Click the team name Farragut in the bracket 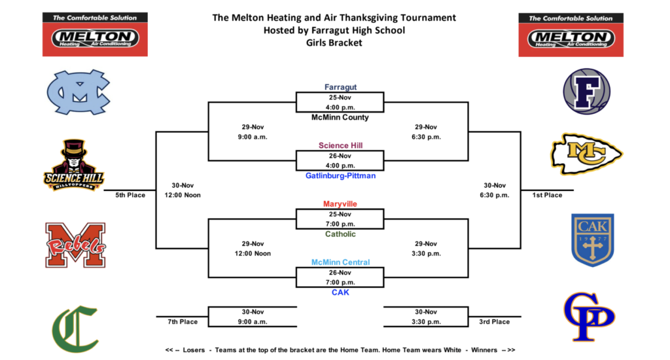click(x=340, y=87)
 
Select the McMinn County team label click(x=340, y=118)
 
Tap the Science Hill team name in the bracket click(x=340, y=145)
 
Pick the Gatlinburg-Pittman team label click(x=340, y=176)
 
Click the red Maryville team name click(x=340, y=204)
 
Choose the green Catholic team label click(x=340, y=234)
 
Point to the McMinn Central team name click(x=340, y=262)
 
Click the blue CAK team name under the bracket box click(x=340, y=293)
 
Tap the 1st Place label click(x=547, y=195)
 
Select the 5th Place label click(x=130, y=195)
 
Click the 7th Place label click(x=182, y=321)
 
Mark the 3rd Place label click(x=495, y=321)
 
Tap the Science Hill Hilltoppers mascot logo click(x=74, y=166)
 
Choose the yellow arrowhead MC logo click(x=586, y=154)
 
